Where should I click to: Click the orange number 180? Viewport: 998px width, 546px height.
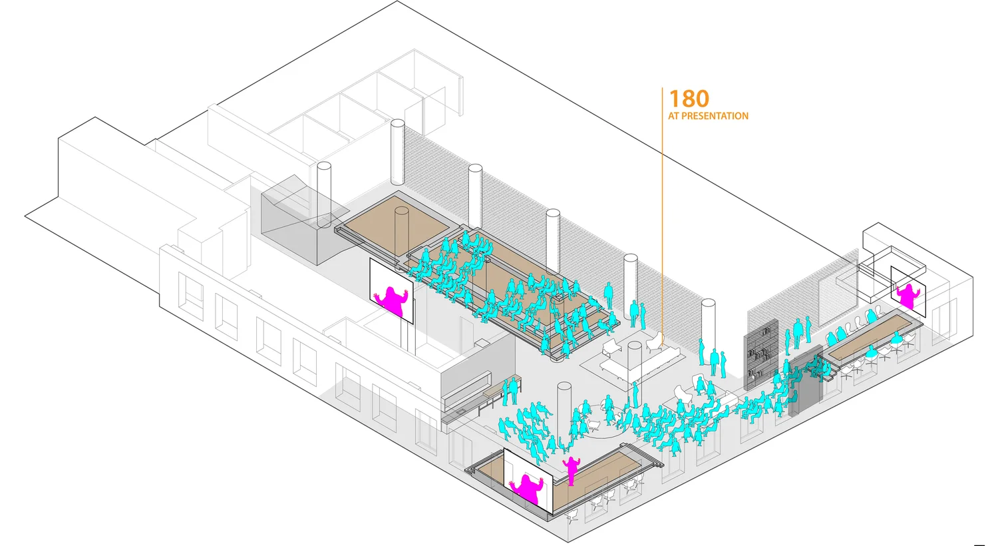coord(689,99)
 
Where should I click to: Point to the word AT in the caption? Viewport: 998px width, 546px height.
coord(673,116)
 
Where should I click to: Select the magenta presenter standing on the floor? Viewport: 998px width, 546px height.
coord(571,469)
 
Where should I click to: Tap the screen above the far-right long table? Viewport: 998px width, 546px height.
coord(908,291)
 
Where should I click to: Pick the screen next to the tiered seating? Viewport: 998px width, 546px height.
coord(391,292)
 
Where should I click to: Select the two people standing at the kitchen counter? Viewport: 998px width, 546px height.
coord(510,391)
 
